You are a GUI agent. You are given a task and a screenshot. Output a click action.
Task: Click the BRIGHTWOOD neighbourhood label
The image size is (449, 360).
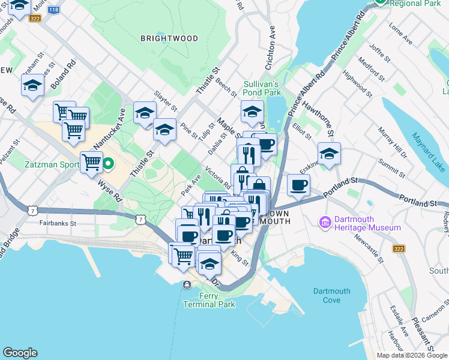169,38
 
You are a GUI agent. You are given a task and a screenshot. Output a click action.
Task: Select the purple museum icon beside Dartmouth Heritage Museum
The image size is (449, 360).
326,223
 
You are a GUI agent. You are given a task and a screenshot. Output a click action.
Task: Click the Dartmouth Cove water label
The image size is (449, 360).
331,295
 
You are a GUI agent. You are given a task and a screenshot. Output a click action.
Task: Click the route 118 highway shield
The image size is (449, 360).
53,10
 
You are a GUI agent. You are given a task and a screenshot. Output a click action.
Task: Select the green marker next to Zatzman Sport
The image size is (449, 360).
109,163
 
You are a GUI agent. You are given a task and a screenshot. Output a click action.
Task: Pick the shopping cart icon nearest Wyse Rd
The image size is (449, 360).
92,161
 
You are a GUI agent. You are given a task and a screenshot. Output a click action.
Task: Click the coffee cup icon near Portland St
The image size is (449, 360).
298,185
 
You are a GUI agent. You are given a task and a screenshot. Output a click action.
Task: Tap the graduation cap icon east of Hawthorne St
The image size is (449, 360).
329,154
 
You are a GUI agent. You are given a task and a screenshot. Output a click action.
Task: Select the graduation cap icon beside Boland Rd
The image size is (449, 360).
32,85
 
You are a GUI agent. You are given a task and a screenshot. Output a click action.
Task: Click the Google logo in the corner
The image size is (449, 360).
20,353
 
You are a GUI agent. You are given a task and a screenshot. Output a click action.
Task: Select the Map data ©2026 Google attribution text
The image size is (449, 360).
412,355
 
